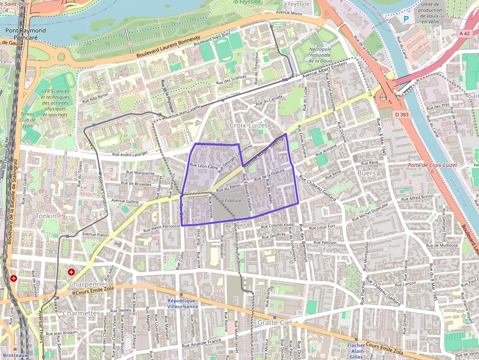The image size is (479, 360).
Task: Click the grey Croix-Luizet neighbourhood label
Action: tap(248, 126)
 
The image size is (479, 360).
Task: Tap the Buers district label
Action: tap(367, 173)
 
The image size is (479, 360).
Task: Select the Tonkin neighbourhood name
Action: tap(46, 216)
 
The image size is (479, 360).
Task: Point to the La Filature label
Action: tap(230, 201)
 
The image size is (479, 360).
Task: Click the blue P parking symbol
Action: tap(406, 19)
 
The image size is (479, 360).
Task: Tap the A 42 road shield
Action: tap(465, 34)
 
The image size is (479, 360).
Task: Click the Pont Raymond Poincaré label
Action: tap(25, 34)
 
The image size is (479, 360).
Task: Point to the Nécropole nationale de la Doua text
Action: tap(320, 55)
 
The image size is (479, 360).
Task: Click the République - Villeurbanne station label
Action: tap(181, 304)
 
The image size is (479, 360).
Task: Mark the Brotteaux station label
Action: tap(14, 356)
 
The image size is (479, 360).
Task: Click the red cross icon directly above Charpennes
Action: tap(71, 272)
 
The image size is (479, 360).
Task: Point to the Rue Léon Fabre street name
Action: tap(203, 167)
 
